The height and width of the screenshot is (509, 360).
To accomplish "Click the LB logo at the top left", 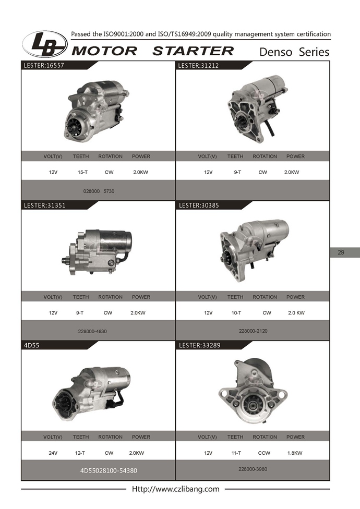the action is (x=45, y=44).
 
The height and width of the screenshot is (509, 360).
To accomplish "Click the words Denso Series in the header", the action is (x=294, y=52).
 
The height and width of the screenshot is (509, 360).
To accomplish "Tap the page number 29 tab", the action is (x=341, y=252).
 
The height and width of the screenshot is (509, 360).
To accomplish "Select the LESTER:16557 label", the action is (x=44, y=65).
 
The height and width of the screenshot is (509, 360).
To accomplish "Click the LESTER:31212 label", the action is (x=198, y=66).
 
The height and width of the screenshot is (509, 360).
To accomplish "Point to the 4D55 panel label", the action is (x=31, y=345).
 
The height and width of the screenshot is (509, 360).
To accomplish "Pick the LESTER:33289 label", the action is (x=199, y=345).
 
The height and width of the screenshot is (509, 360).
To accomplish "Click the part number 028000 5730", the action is (x=99, y=191).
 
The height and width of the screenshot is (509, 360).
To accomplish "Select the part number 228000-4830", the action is (x=92, y=332).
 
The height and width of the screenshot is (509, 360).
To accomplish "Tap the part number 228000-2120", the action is (x=253, y=331).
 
